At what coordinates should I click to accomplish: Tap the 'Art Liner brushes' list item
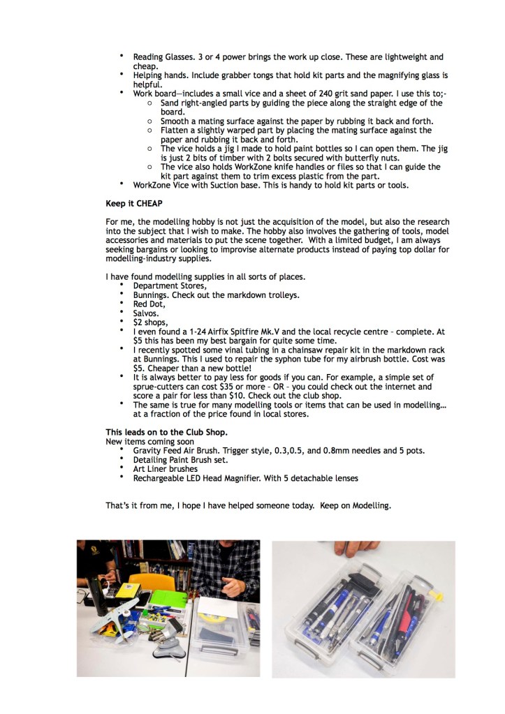tap(165, 469)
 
